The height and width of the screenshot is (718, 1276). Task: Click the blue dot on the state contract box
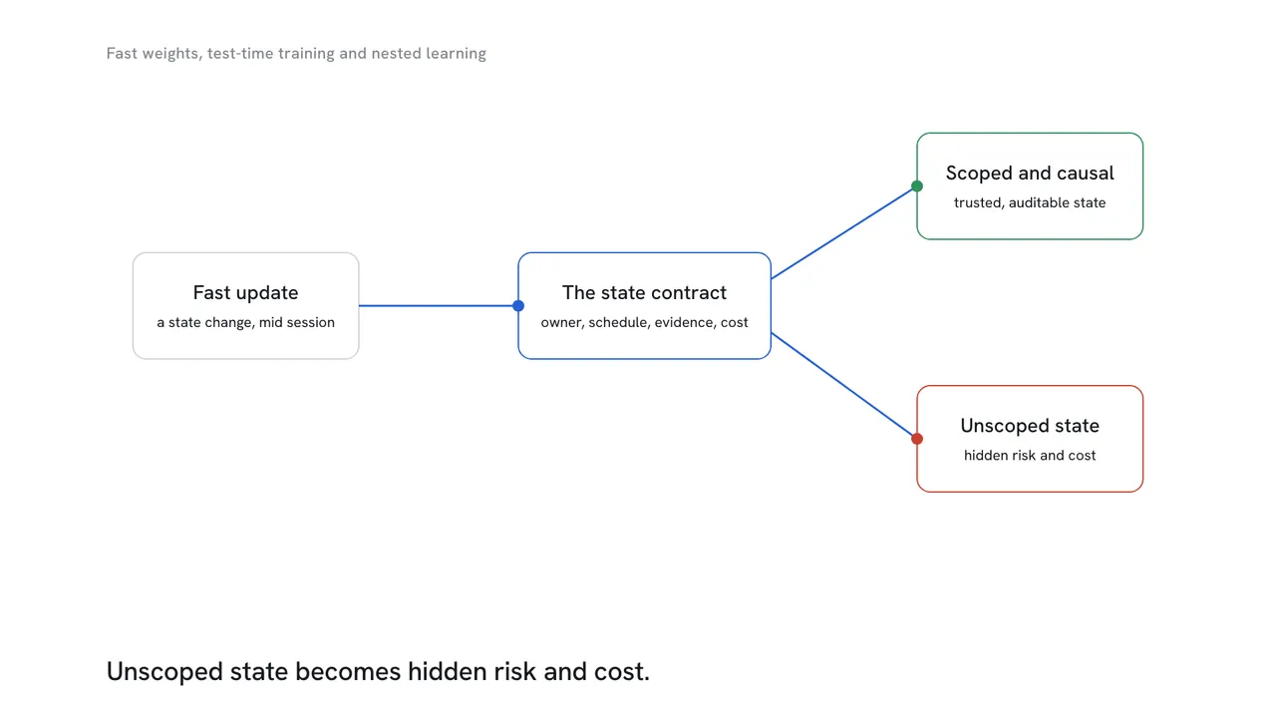(x=517, y=306)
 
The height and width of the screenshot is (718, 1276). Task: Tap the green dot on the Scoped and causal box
(x=916, y=185)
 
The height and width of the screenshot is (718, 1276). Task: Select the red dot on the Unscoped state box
(x=916, y=439)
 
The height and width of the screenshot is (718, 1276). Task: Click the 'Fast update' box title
(x=245, y=293)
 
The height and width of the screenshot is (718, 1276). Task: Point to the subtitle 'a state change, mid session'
(x=245, y=322)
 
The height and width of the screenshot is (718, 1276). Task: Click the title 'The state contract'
(x=644, y=293)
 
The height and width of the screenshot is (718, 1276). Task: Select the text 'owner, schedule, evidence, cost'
(x=644, y=322)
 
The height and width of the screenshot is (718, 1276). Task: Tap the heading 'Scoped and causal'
(x=1030, y=174)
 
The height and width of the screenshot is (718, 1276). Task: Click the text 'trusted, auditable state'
(x=1030, y=202)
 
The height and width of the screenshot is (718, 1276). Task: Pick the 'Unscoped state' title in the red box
(x=1030, y=426)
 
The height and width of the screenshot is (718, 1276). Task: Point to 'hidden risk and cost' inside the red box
(x=1030, y=456)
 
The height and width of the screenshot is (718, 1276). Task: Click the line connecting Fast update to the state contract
(x=439, y=306)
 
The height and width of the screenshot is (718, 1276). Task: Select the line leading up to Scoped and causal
(x=843, y=232)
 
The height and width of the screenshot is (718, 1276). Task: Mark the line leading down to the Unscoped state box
(x=843, y=386)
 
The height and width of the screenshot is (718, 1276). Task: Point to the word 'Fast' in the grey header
(x=122, y=54)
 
